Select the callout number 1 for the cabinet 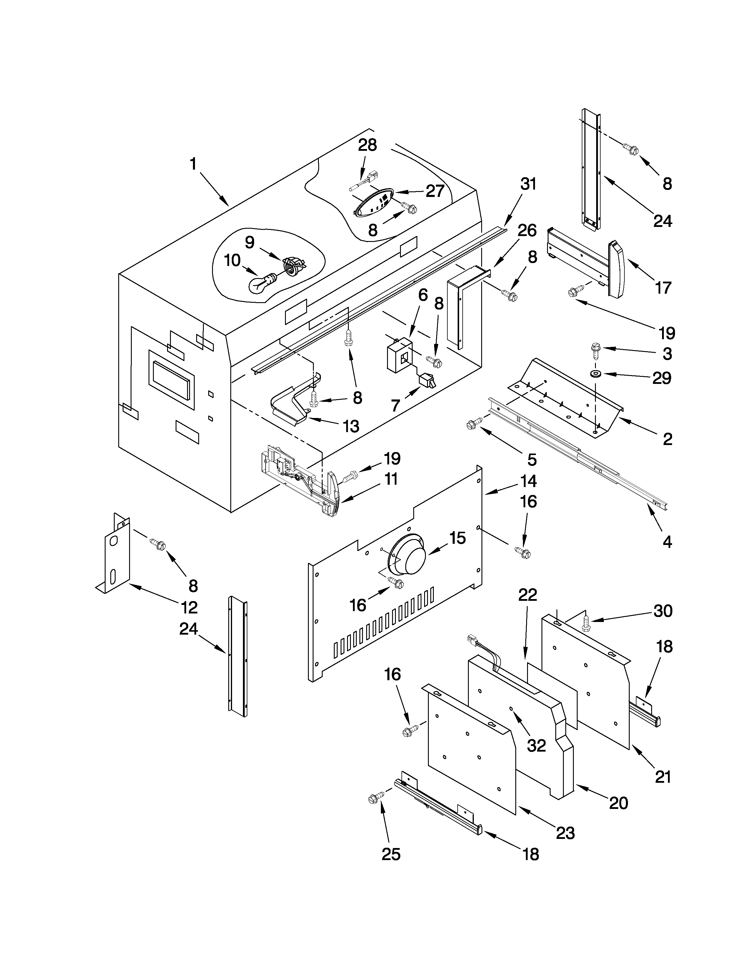(x=193, y=164)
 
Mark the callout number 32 (x=536, y=746)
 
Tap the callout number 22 (x=527, y=594)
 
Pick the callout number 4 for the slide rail (x=667, y=542)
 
